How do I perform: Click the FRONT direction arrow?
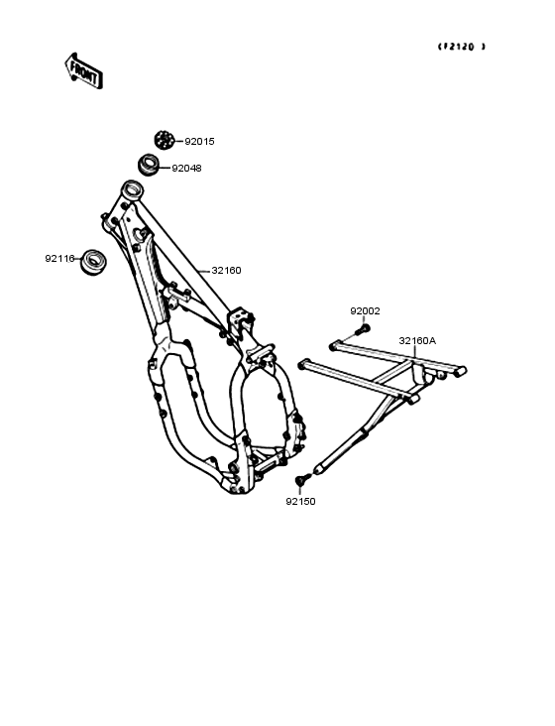(83, 70)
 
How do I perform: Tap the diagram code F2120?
(462, 47)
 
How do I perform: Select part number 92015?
(200, 142)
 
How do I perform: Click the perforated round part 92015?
(164, 140)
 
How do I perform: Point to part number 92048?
(187, 169)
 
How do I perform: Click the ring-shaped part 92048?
(149, 165)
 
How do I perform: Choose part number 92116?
(59, 259)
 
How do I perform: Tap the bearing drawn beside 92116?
(93, 262)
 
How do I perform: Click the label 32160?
(226, 271)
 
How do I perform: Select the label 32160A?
(417, 341)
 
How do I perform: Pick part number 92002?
(365, 311)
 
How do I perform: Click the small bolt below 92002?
(362, 330)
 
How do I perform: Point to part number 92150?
(300, 502)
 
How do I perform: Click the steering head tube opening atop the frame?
(132, 188)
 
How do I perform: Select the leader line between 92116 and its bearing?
(78, 259)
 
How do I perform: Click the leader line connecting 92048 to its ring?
(166, 168)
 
